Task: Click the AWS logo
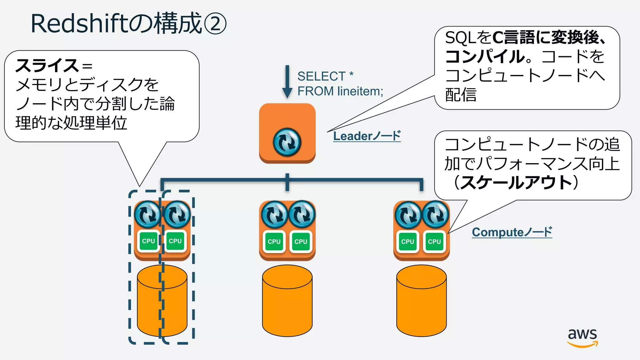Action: click(x=582, y=337)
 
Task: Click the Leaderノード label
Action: click(x=367, y=136)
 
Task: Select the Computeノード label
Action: click(x=512, y=232)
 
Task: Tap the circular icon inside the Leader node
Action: click(x=287, y=142)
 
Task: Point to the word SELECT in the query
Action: click(x=321, y=76)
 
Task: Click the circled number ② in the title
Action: click(x=215, y=24)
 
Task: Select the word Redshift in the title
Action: click(x=79, y=24)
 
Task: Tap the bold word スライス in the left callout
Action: click(x=47, y=66)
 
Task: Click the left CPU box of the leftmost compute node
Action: click(x=148, y=241)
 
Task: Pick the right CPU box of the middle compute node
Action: click(x=301, y=241)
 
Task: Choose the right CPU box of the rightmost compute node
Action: click(x=434, y=241)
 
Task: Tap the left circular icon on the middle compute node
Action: click(x=274, y=214)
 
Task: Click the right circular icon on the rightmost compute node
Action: click(x=435, y=214)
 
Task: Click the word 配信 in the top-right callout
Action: click(x=461, y=95)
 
